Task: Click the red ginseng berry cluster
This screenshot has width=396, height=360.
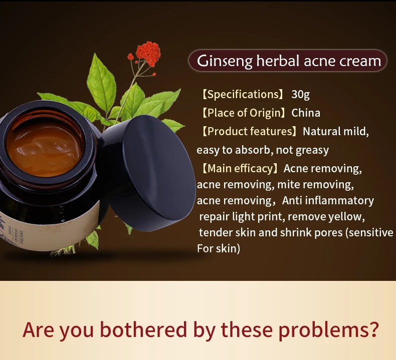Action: (x=148, y=54)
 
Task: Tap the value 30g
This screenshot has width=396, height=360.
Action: (x=301, y=95)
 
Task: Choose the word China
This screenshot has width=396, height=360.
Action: (x=306, y=113)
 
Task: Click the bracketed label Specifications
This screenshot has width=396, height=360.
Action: (x=242, y=95)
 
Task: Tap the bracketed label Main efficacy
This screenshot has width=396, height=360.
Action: (x=239, y=168)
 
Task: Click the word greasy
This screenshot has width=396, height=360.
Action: (x=312, y=150)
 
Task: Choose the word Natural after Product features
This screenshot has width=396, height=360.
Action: (x=321, y=132)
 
